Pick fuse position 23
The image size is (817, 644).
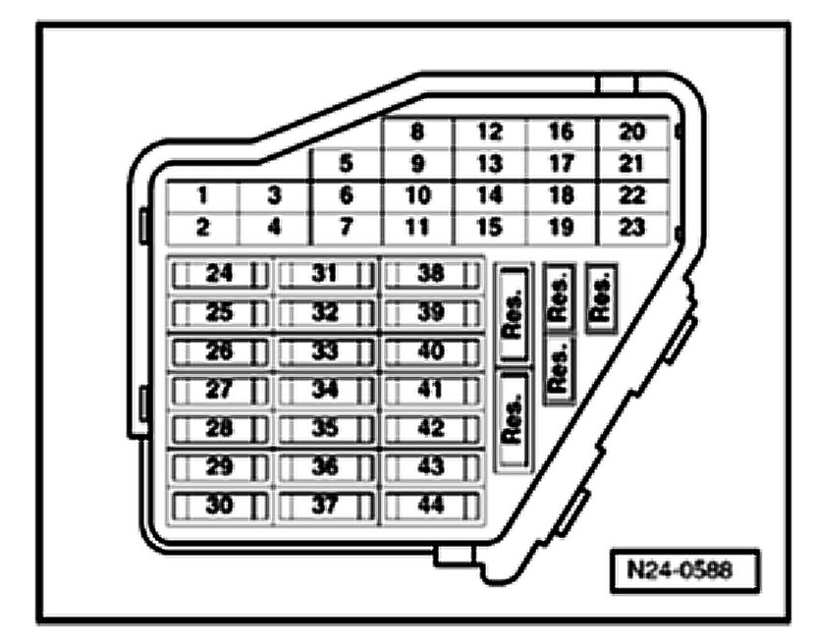pyautogui.click(x=633, y=228)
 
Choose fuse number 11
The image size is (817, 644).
pyautogui.click(x=417, y=228)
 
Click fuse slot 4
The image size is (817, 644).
pyautogui.click(x=274, y=228)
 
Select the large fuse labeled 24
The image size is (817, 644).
pyautogui.click(x=220, y=274)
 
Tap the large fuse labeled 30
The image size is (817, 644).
pyautogui.click(x=220, y=506)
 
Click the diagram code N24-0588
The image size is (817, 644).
pyautogui.click(x=684, y=570)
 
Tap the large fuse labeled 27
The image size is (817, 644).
pyautogui.click(x=220, y=390)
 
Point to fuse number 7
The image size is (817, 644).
pyautogui.click(x=345, y=228)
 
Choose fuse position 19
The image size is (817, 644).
pyautogui.click(x=561, y=228)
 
